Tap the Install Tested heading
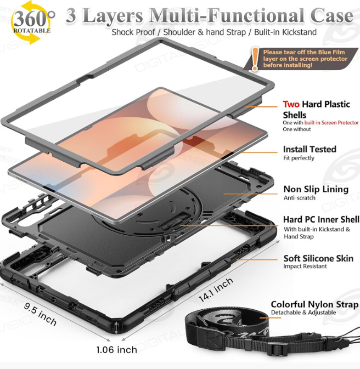310,149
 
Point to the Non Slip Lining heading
316,189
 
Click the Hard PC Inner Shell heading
321,219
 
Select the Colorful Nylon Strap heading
314,304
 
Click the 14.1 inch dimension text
216,289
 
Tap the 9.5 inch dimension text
40,314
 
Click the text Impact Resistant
305,266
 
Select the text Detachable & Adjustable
303,313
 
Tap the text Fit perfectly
299,158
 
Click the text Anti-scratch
300,198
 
